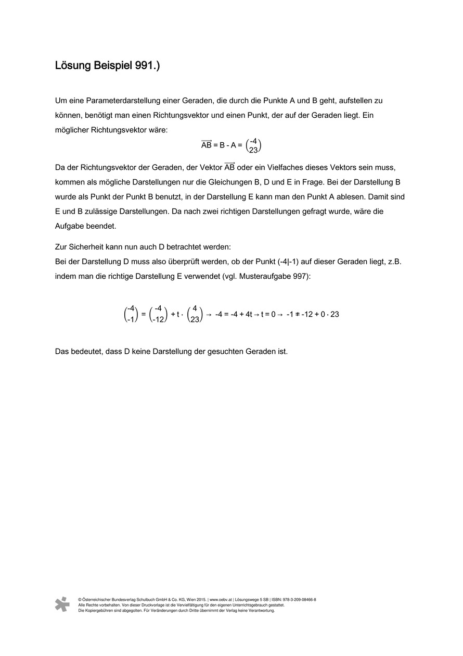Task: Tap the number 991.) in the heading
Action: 146,66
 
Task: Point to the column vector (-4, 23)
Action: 253,145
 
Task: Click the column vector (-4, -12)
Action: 158,314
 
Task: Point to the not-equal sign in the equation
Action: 297,315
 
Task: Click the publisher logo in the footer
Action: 62,604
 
